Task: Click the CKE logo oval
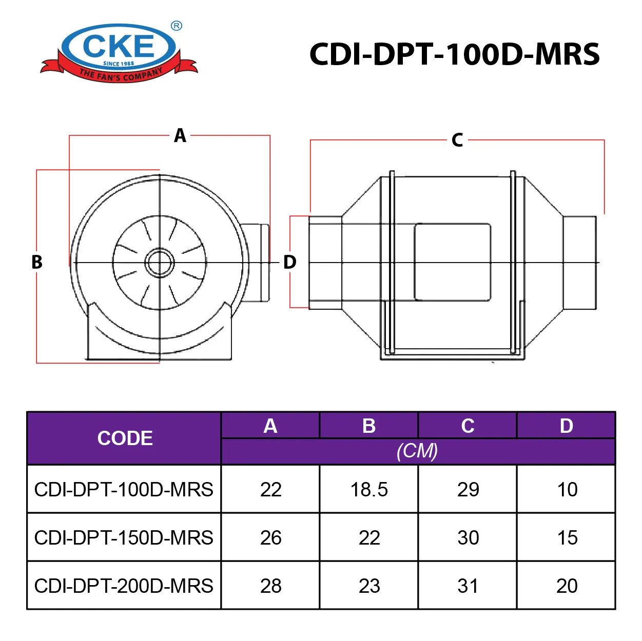point(119,47)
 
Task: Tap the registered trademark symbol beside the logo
point(176,26)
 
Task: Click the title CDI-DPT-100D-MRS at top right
point(454,54)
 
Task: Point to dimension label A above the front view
point(180,136)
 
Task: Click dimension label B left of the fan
point(37,262)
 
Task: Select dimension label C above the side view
point(457,140)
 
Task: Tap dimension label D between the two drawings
point(290,262)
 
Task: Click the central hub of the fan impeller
point(160,263)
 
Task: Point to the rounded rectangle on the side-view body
point(452,262)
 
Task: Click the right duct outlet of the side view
point(580,263)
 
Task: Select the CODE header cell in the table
point(125,438)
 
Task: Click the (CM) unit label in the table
point(417,451)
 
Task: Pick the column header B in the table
point(369,426)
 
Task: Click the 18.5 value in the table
point(369,490)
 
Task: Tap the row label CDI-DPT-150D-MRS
point(124,538)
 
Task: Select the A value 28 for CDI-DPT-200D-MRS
point(270,586)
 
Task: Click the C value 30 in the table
point(468,538)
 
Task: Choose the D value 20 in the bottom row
point(567,586)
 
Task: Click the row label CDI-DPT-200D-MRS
point(124,586)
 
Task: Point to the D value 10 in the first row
point(567,490)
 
